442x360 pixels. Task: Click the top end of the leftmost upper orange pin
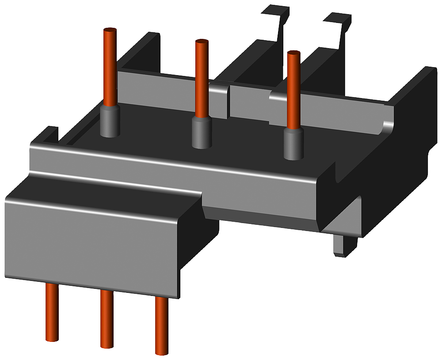pyautogui.click(x=110, y=30)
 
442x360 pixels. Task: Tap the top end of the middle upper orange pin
pyautogui.click(x=202, y=42)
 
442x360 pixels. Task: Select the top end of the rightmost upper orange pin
pyautogui.click(x=293, y=53)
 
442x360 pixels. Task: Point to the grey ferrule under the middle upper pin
pyautogui.click(x=202, y=133)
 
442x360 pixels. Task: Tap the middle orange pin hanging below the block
pyautogui.click(x=107, y=318)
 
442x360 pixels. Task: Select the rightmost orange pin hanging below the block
pyautogui.click(x=161, y=325)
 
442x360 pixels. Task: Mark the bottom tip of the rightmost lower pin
pyautogui.click(x=161, y=352)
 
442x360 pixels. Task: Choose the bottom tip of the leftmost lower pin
pyautogui.click(x=52, y=339)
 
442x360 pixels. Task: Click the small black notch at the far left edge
pyautogui.click(x=51, y=133)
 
